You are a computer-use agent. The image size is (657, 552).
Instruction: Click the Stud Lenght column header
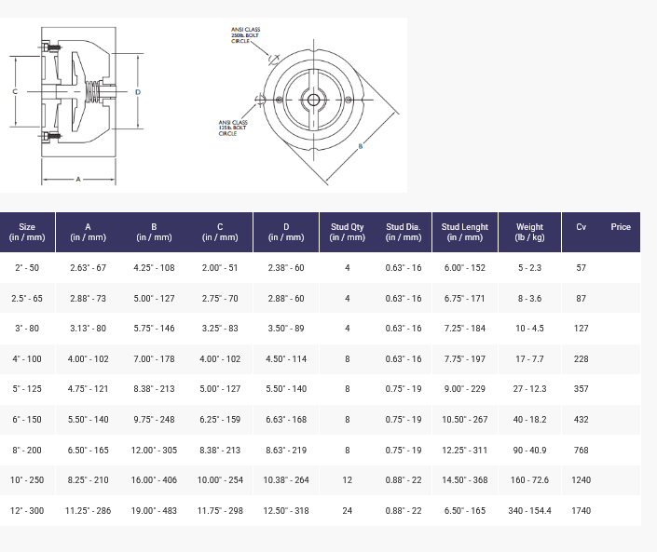click(465, 232)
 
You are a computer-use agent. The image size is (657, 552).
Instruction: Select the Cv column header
click(581, 227)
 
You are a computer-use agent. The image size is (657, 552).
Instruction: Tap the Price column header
click(621, 227)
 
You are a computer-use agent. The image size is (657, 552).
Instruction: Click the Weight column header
click(529, 232)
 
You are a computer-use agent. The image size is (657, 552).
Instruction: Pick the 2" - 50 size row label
click(27, 268)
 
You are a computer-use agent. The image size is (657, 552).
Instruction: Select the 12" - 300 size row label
click(27, 510)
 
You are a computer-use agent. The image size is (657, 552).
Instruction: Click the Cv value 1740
click(582, 510)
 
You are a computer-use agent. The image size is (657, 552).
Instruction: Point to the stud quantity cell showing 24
click(348, 510)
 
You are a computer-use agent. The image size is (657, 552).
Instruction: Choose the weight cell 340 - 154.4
click(529, 510)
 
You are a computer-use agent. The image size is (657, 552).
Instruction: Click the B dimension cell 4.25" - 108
click(154, 268)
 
